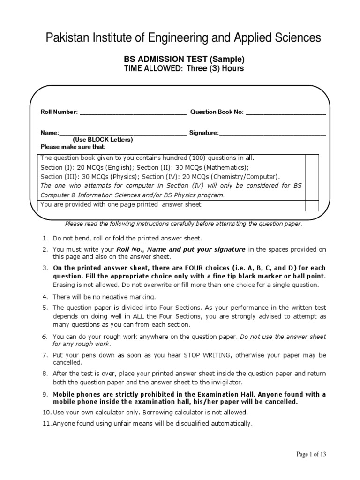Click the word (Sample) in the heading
coord(227,60)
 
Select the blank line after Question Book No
coord(285,112)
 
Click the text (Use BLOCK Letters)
coord(103,140)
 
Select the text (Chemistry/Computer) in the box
coord(238,177)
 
